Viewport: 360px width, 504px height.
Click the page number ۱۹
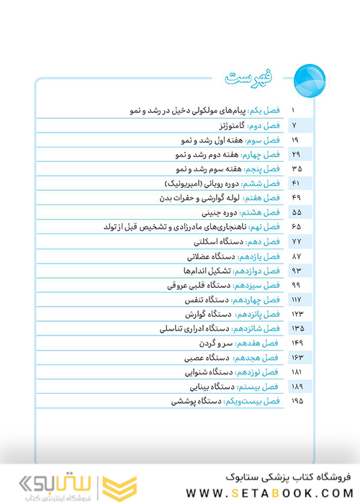pyautogui.click(x=296, y=140)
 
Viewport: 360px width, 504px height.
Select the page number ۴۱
pyautogui.click(x=296, y=183)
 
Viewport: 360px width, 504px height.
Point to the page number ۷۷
pyautogui.click(x=296, y=241)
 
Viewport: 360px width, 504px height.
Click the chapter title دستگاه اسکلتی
pyautogui.click(x=215, y=241)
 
